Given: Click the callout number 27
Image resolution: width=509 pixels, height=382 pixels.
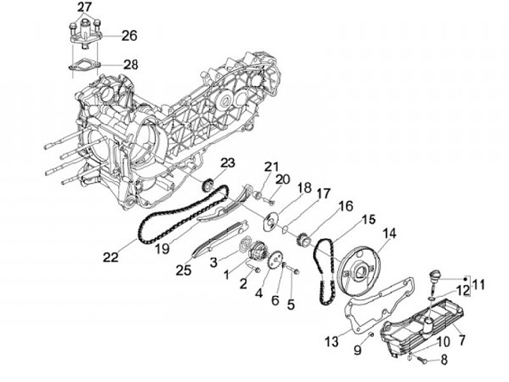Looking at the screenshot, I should tap(85, 8).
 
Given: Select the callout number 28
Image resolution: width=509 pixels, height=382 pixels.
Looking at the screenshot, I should tap(130, 64).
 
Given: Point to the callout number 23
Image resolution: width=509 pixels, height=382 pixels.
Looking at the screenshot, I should tap(226, 164).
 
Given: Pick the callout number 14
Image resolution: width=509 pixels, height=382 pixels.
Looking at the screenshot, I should tap(390, 234).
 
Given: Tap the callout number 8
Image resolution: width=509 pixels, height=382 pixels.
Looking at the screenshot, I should tap(444, 360).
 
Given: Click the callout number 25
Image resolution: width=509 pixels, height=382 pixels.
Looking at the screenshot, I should tap(184, 270).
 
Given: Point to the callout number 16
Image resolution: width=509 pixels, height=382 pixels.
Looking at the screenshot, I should tap(344, 206).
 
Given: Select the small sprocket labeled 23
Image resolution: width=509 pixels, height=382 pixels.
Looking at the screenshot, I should tap(208, 186).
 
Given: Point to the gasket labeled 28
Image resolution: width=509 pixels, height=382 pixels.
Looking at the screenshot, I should tap(83, 65).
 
